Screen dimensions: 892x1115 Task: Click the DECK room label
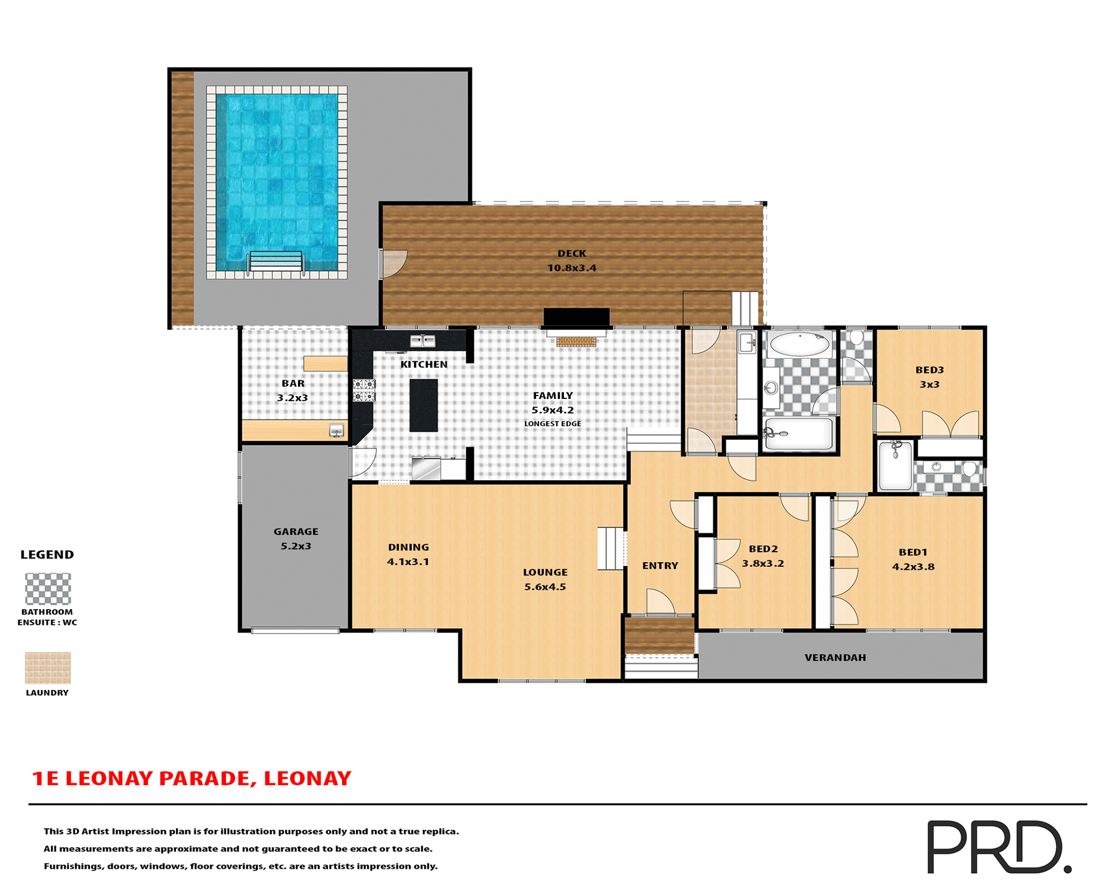571,254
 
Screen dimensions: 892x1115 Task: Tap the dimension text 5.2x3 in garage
296,546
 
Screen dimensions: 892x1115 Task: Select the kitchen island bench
423,405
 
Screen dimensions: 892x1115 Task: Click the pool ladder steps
276,262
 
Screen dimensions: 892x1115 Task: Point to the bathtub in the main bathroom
799,344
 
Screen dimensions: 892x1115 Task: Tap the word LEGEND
47,555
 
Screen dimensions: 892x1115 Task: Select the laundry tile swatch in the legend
48,667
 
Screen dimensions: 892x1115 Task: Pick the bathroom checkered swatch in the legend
48,589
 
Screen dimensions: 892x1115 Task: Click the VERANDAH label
835,657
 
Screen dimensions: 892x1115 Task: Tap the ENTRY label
660,566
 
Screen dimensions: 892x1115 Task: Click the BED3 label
929,370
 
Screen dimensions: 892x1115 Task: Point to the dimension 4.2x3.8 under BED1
913,567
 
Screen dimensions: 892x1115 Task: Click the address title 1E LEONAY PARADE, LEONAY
192,778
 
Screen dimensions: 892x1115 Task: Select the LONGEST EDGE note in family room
552,424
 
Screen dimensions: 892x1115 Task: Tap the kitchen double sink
423,341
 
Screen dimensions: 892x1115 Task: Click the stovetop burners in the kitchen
364,390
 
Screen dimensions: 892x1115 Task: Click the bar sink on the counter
336,430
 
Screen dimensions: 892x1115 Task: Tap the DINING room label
408,547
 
